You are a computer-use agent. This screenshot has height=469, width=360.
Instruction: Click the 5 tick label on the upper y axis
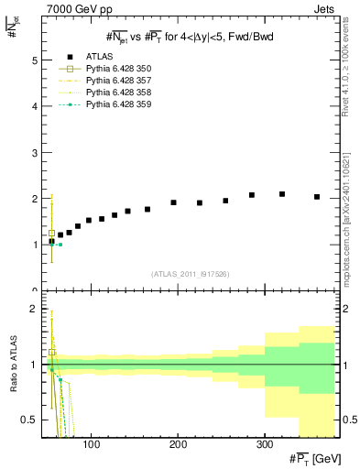coord(34,60)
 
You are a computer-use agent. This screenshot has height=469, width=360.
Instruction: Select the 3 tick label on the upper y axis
coord(34,153)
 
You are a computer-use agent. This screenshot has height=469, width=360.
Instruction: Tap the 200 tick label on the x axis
coord(178,445)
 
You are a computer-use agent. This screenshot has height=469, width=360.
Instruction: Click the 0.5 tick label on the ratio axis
coord(29,420)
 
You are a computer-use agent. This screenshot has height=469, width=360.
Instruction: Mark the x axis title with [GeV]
coord(311,459)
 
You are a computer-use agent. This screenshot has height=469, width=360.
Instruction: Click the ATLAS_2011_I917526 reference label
coord(191,274)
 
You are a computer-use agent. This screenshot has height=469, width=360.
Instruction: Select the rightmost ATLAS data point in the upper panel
coord(317,197)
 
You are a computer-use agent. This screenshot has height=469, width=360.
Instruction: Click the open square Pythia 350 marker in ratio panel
coord(52,352)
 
